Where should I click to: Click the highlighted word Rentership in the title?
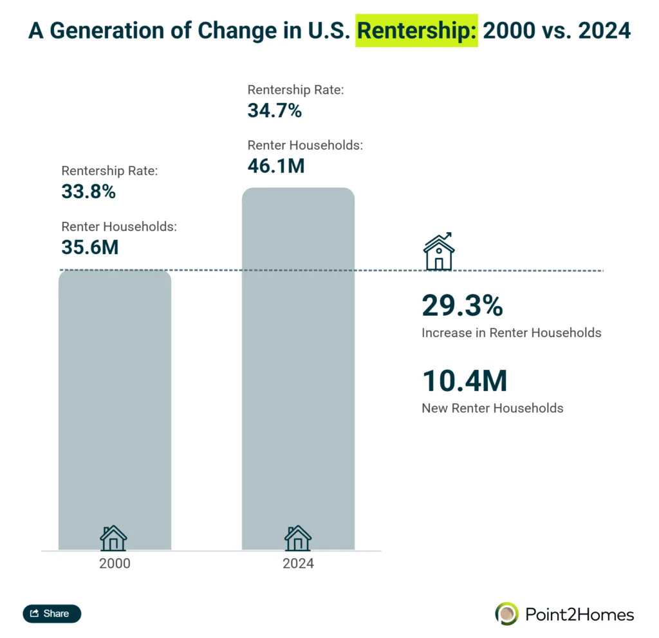pos(417,30)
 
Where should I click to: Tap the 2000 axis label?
pos(115,563)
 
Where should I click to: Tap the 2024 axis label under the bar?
pos(298,563)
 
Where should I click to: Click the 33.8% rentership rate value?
pos(88,191)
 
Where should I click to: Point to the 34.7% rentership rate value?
pos(274,111)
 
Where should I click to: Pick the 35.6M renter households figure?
pos(90,247)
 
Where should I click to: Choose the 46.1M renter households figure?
pos(275,166)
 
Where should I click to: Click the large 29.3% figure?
pos(462,306)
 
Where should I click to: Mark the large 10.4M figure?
pos(464,381)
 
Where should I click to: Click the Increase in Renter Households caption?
pos(511,333)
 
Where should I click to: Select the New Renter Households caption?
pos(492,408)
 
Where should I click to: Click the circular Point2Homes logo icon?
pos(506,614)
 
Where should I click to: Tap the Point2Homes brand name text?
pos(579,614)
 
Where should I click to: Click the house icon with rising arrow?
pos(439,251)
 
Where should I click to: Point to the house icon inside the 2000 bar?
pos(113,538)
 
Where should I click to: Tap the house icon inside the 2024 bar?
pos(298,538)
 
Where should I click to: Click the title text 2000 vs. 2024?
pos(557,30)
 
